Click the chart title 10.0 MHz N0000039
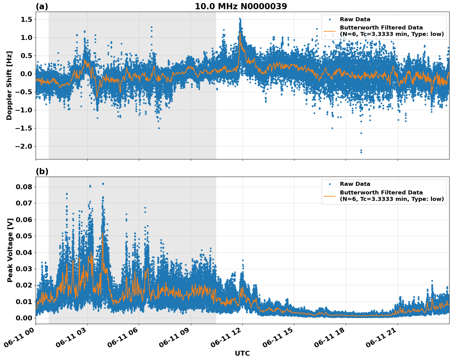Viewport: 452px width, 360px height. pos(241,6)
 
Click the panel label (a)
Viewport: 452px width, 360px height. pos(42,6)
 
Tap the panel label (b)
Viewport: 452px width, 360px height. pos(42,171)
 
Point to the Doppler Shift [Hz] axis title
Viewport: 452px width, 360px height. pos(9,85)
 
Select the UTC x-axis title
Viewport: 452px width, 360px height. pos(242,353)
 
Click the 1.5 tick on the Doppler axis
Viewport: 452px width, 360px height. pos(27,20)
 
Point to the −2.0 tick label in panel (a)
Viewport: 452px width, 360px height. pos(23,146)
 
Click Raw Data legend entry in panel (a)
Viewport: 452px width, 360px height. pos(355,20)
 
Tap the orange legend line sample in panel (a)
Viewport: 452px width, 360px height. pos(329,31)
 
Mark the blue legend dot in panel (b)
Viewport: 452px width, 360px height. pos(329,184)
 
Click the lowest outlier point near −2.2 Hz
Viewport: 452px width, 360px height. pos(361,152)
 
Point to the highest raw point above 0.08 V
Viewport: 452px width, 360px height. pos(103,184)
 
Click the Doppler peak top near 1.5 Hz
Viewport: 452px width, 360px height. pos(240,19)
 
